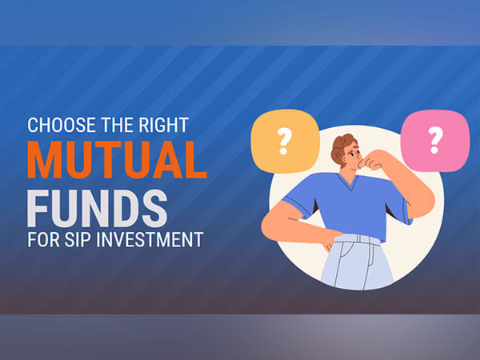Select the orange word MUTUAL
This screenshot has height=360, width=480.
click(117, 158)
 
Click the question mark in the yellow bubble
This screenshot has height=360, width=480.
click(282, 141)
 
